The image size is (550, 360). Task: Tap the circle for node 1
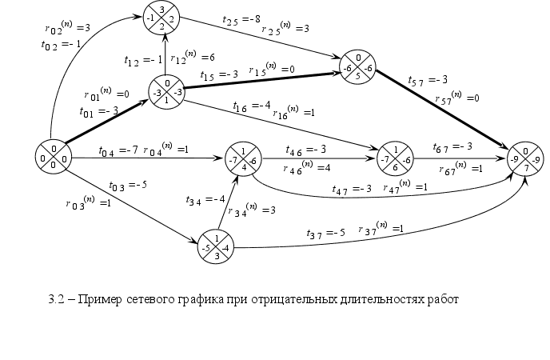click(166, 92)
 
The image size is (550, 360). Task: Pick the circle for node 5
click(357, 67)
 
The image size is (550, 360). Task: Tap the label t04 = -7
click(118, 150)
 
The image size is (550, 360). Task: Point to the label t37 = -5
click(326, 233)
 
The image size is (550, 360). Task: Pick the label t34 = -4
click(205, 199)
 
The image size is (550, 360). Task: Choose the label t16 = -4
click(252, 106)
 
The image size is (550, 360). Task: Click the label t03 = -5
click(127, 186)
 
